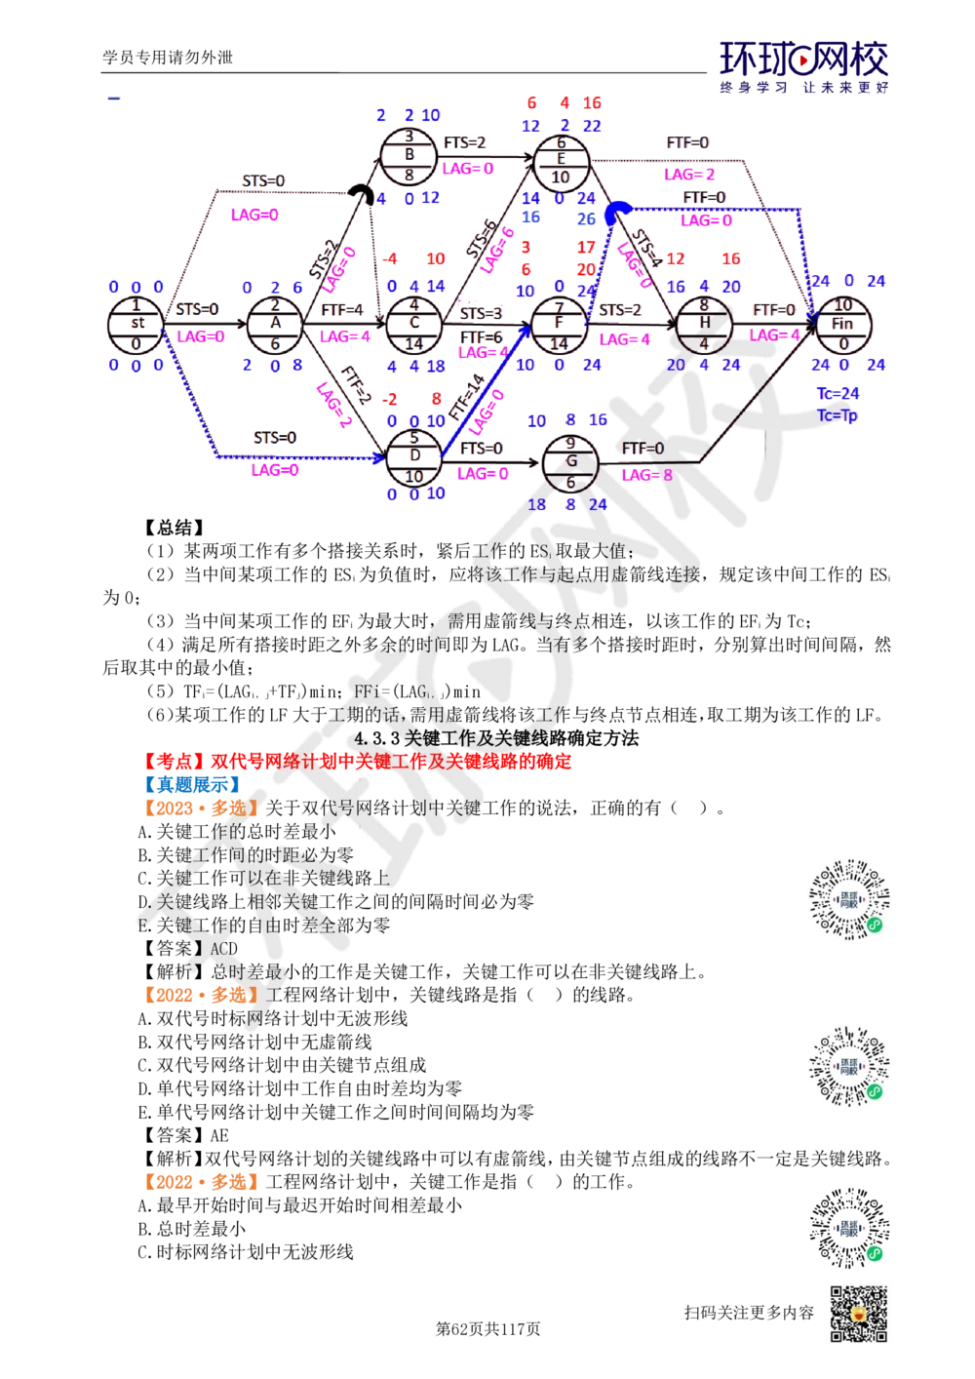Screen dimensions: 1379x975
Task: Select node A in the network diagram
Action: (x=274, y=325)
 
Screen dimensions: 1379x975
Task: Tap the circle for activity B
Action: (x=409, y=156)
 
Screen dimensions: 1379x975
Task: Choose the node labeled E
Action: (x=562, y=156)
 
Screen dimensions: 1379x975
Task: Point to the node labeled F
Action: (x=559, y=325)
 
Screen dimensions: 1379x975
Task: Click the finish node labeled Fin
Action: (x=844, y=325)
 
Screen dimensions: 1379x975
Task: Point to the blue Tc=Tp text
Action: (x=838, y=414)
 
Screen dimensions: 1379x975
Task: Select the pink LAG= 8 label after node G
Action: (x=646, y=474)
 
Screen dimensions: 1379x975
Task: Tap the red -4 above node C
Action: (x=390, y=260)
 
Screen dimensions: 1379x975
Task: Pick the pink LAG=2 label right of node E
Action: (x=689, y=174)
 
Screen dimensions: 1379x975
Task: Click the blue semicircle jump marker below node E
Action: (x=614, y=212)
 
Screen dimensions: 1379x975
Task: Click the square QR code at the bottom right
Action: (x=856, y=1314)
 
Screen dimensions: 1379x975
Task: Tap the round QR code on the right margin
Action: (x=849, y=1228)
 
